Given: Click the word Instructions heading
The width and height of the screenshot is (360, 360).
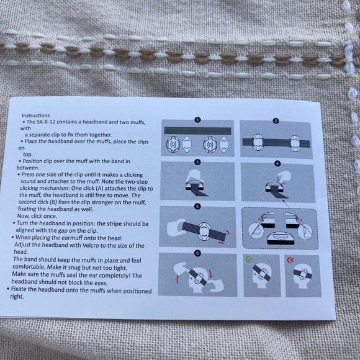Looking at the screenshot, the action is (x=35, y=115).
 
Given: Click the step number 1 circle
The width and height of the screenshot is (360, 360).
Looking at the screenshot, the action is (x=197, y=120).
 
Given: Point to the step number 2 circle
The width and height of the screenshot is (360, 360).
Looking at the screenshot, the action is (x=276, y=121).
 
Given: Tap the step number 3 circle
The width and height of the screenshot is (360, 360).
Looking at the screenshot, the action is (x=197, y=162).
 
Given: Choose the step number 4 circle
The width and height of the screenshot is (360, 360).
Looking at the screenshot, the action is (x=277, y=163).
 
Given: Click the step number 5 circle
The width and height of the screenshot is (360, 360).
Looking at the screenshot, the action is (x=197, y=206).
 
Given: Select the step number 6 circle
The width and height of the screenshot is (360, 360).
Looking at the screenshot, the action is (x=197, y=253).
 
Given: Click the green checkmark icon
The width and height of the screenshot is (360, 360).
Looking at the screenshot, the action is (x=249, y=259).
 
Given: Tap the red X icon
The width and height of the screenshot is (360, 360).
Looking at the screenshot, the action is (x=290, y=259).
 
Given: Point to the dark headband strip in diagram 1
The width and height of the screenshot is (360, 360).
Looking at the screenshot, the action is (x=197, y=130).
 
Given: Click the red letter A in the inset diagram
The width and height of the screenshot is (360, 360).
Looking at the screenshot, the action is (x=259, y=219).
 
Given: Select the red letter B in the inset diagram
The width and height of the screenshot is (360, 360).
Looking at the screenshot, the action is (x=300, y=220).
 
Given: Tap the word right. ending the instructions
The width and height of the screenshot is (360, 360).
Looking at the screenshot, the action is (x=17, y=297).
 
